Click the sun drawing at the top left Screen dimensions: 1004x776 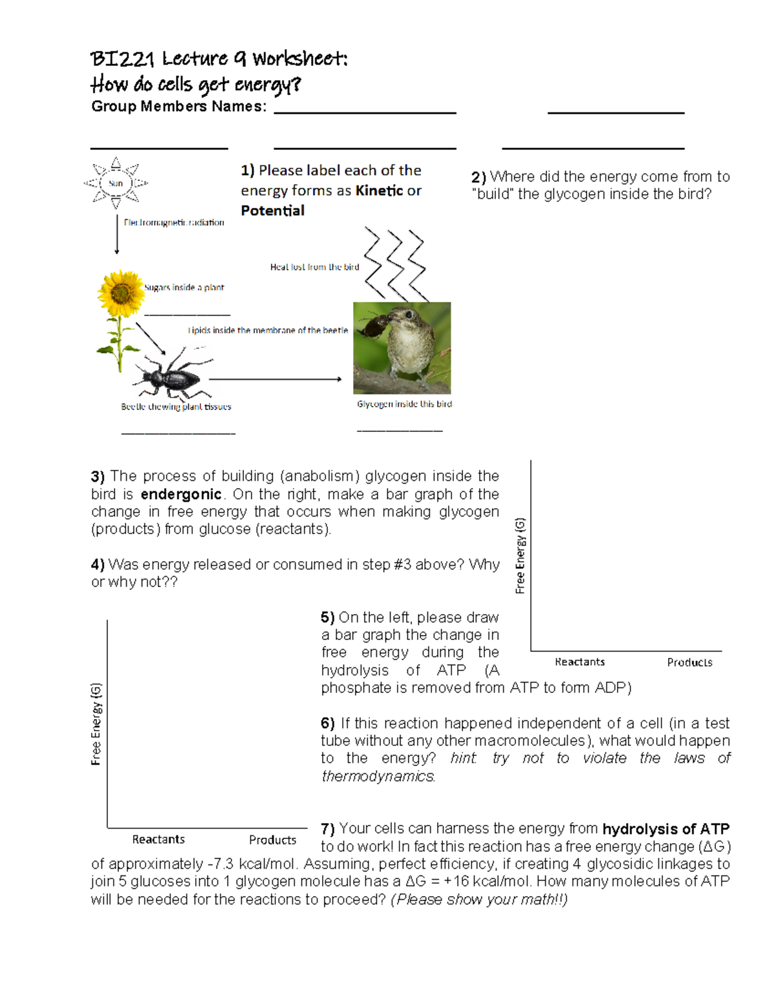(x=116, y=183)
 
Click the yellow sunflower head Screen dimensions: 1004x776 (x=121, y=294)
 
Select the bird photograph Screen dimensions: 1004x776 (x=402, y=348)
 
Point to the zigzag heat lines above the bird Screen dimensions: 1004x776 (x=395, y=264)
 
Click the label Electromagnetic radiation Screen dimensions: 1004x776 (x=174, y=222)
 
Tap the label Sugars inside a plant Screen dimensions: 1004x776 (x=184, y=287)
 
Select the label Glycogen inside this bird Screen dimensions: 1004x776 (x=404, y=404)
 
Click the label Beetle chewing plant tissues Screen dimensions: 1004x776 (x=176, y=407)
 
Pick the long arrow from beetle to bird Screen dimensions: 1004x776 (x=275, y=379)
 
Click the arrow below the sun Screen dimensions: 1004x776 (x=117, y=235)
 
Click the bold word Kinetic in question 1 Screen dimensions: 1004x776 (x=379, y=191)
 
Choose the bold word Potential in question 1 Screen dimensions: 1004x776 (x=272, y=211)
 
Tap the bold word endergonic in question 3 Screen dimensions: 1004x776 (x=181, y=495)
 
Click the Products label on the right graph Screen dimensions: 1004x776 (x=689, y=662)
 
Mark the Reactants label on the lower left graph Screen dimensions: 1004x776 (x=158, y=839)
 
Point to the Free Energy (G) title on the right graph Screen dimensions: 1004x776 (x=520, y=555)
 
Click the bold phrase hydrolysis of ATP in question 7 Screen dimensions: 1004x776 (x=665, y=829)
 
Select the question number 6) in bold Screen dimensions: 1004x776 (x=328, y=723)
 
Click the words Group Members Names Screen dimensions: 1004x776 (x=178, y=107)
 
